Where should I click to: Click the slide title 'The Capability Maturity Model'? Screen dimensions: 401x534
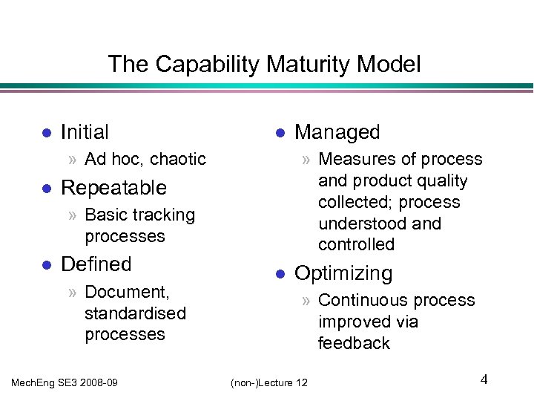tap(264, 64)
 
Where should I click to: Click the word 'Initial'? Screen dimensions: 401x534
tap(85, 132)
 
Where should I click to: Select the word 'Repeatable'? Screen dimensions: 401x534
tap(113, 188)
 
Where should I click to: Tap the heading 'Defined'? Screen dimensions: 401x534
tap(96, 264)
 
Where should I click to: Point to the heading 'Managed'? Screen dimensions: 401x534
tap(337, 132)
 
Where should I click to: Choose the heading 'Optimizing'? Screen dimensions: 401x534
tap(343, 273)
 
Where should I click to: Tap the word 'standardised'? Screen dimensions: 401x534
tap(135, 313)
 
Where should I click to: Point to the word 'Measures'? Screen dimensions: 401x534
tap(353, 160)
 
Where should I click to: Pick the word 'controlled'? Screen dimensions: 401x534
tap(356, 245)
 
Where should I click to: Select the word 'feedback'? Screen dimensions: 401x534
tap(354, 343)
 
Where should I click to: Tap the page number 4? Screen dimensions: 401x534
tap(484, 380)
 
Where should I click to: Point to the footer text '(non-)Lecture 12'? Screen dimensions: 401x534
tap(269, 382)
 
